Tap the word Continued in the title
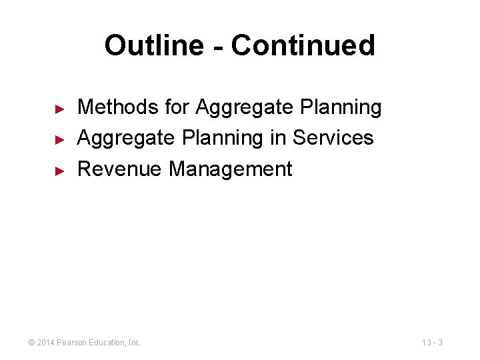(x=303, y=45)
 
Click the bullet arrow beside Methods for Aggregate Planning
(x=59, y=108)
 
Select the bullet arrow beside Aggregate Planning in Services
(x=59, y=139)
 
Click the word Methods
(x=109, y=107)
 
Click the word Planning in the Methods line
(x=341, y=108)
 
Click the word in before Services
(x=279, y=138)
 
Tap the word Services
(x=333, y=138)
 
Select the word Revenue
(x=120, y=169)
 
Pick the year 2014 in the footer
(x=46, y=343)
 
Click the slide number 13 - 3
(x=432, y=343)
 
